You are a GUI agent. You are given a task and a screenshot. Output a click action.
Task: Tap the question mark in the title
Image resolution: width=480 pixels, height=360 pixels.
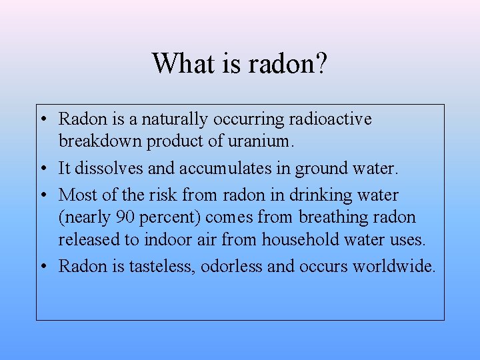[x=321, y=63]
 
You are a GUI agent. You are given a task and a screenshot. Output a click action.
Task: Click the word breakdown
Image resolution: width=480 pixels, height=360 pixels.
[x=100, y=141]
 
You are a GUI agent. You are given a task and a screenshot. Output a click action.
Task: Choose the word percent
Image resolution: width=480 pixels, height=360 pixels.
[x=167, y=218]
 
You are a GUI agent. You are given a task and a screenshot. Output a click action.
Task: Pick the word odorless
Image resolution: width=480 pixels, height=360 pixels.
[x=231, y=266]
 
